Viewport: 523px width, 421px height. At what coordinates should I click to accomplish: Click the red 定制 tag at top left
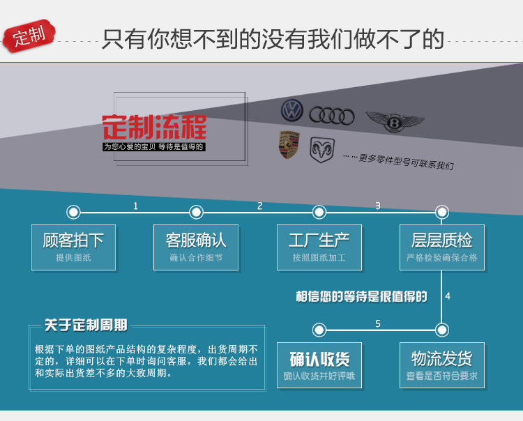click(x=29, y=36)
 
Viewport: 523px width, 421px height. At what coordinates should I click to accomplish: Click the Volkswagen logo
click(x=292, y=110)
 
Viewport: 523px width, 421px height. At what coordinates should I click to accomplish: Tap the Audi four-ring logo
click(x=332, y=115)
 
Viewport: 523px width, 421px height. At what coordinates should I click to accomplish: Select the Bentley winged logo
click(x=395, y=123)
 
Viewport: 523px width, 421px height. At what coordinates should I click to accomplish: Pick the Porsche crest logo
click(x=289, y=144)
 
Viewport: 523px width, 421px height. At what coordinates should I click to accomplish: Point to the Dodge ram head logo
click(x=322, y=148)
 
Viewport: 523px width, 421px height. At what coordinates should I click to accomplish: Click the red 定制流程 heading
click(x=154, y=127)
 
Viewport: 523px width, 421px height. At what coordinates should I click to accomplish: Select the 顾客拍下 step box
click(x=73, y=247)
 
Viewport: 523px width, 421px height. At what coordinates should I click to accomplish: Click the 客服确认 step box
click(x=196, y=247)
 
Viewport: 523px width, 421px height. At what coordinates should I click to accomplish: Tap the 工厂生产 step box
click(x=319, y=247)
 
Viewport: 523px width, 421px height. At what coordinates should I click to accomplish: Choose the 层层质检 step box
click(x=441, y=247)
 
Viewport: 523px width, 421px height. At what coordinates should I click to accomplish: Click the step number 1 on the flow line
click(x=135, y=206)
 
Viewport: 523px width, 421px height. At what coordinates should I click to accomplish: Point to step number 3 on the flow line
click(x=378, y=206)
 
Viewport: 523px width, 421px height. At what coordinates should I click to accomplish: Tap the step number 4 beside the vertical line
click(x=448, y=296)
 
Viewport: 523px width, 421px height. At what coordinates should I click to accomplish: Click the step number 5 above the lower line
click(x=378, y=323)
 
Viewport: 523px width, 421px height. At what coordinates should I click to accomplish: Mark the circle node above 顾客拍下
click(x=73, y=212)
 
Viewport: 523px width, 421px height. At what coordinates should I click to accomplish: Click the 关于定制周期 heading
click(x=86, y=325)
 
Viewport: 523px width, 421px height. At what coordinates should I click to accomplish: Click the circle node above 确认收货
click(x=319, y=330)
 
